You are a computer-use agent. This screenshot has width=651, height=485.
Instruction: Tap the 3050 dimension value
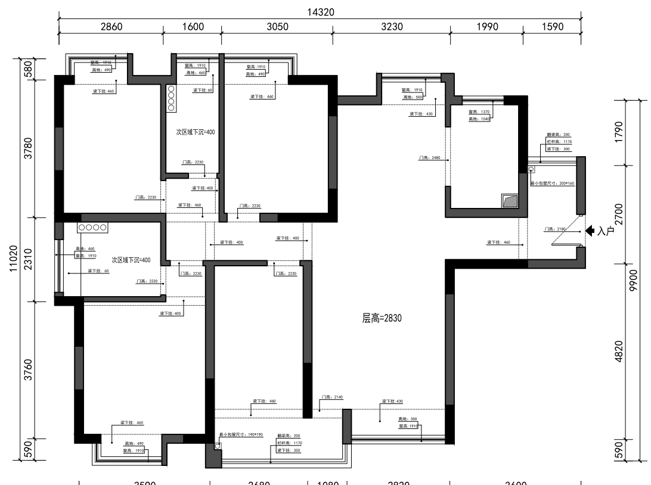click(277, 27)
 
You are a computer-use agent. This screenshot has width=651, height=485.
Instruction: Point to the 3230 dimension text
click(391, 27)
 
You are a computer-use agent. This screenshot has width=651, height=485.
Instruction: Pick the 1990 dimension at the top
click(486, 27)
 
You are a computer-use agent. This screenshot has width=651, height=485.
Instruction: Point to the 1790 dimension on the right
click(619, 132)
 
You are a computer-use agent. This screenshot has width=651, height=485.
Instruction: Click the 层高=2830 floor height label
click(382, 319)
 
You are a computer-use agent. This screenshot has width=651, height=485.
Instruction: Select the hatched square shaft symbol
click(510, 200)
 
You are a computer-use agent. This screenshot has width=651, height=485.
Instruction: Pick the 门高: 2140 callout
click(332, 397)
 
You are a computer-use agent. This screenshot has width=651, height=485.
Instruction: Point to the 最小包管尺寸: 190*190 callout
click(238, 436)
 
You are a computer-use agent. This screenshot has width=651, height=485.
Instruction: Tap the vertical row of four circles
click(171, 99)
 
